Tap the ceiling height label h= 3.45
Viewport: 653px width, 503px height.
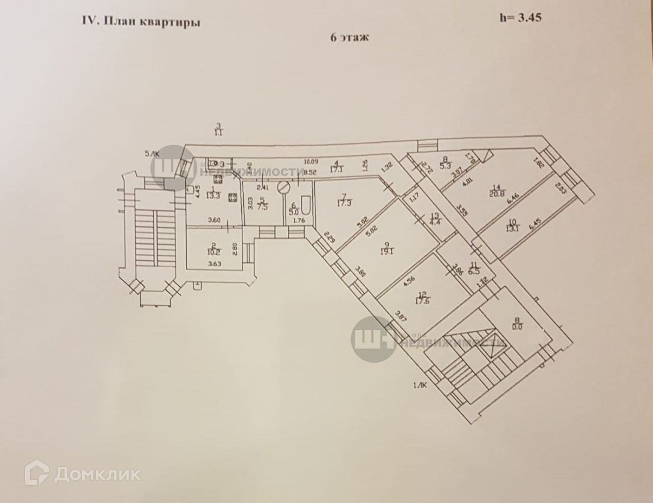point(520,17)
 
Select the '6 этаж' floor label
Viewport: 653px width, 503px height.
point(350,38)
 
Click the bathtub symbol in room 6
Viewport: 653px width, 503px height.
point(307,204)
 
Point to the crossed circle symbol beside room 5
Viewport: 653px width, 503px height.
point(284,188)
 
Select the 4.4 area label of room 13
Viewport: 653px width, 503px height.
point(435,222)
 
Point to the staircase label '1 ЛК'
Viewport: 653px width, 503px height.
point(420,386)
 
